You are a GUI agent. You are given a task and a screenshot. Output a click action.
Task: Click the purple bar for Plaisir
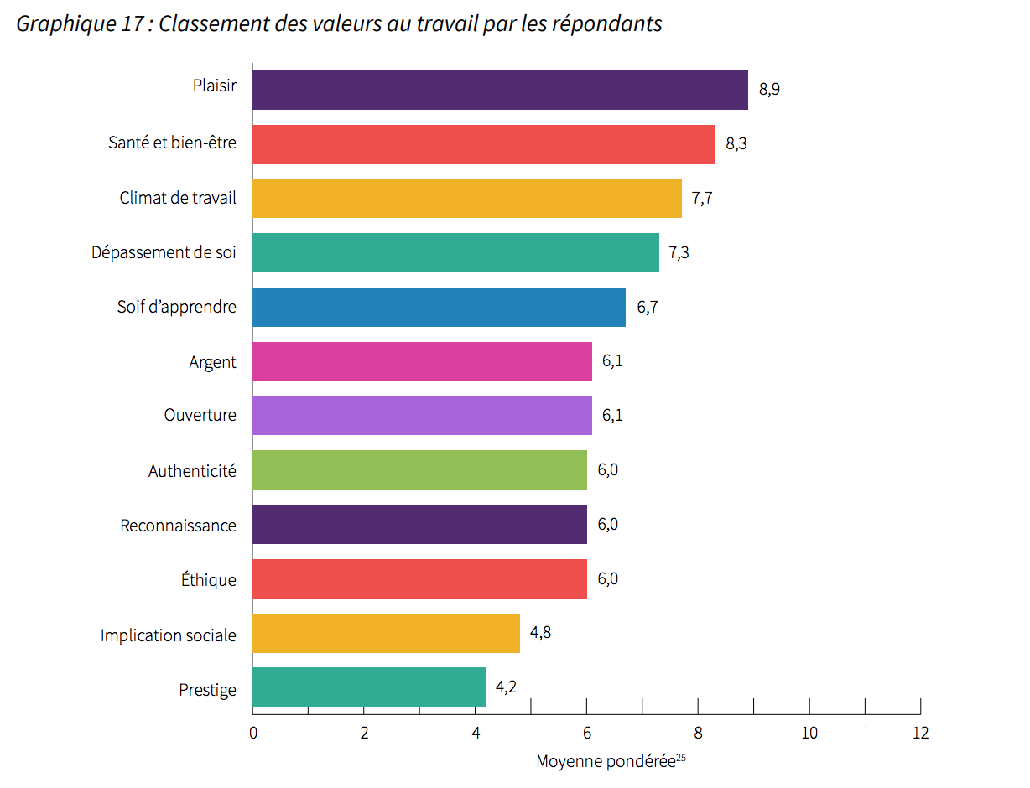pyautogui.click(x=500, y=90)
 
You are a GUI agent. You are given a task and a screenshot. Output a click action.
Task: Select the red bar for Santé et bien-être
pyautogui.click(x=484, y=144)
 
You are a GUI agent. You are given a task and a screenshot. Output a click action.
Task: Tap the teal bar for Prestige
pyautogui.click(x=369, y=687)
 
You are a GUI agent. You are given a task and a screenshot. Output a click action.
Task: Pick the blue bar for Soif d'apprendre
pyautogui.click(x=439, y=307)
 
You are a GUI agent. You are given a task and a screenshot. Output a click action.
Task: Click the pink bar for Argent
pyautogui.click(x=422, y=361)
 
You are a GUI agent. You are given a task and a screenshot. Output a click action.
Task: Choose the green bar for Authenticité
pyautogui.click(x=419, y=469)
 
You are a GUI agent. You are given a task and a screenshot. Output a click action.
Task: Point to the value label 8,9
pyautogui.click(x=769, y=90)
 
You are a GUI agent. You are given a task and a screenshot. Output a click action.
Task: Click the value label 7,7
pyautogui.click(x=702, y=199)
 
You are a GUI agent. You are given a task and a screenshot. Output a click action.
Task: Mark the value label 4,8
pyautogui.click(x=540, y=632)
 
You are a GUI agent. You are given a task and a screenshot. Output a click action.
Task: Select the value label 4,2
pyautogui.click(x=506, y=687)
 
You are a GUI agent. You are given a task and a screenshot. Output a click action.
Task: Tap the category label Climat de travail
pyautogui.click(x=178, y=199)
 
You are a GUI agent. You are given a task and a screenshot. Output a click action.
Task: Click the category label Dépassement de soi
pyautogui.click(x=164, y=252)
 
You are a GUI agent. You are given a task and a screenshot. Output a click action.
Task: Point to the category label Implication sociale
pyautogui.click(x=169, y=635)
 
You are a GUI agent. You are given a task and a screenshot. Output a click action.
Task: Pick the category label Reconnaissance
pyautogui.click(x=179, y=526)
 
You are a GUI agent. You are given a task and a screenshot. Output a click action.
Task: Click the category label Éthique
pyautogui.click(x=209, y=580)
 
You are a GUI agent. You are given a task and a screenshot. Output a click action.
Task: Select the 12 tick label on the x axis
pyautogui.click(x=920, y=733)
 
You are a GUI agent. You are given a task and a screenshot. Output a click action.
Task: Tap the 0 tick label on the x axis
pyautogui.click(x=252, y=733)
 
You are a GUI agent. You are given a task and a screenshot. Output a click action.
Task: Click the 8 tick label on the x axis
pyautogui.click(x=698, y=733)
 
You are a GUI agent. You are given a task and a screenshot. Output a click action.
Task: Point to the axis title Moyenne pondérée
pyautogui.click(x=606, y=761)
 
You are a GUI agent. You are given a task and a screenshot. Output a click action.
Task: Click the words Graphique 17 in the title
pyautogui.click(x=79, y=23)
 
